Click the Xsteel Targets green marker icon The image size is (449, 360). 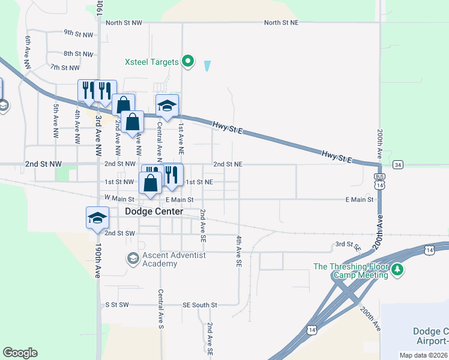point(188,62)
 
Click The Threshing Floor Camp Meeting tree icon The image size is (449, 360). point(397,271)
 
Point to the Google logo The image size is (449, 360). point(20,353)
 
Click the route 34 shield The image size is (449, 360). point(398,164)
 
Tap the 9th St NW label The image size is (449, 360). point(79,34)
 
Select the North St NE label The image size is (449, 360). point(282,22)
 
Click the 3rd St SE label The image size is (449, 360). point(348,245)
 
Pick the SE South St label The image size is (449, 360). point(200,305)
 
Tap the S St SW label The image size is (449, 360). point(117,305)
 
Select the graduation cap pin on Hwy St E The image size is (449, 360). point(167,107)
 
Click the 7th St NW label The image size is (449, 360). point(65,68)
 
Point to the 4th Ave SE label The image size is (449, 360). point(238,251)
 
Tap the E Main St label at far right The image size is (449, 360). point(360,199)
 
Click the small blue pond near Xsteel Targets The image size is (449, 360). point(208,65)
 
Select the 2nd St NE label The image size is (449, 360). point(228,164)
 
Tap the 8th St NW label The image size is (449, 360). point(79,54)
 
